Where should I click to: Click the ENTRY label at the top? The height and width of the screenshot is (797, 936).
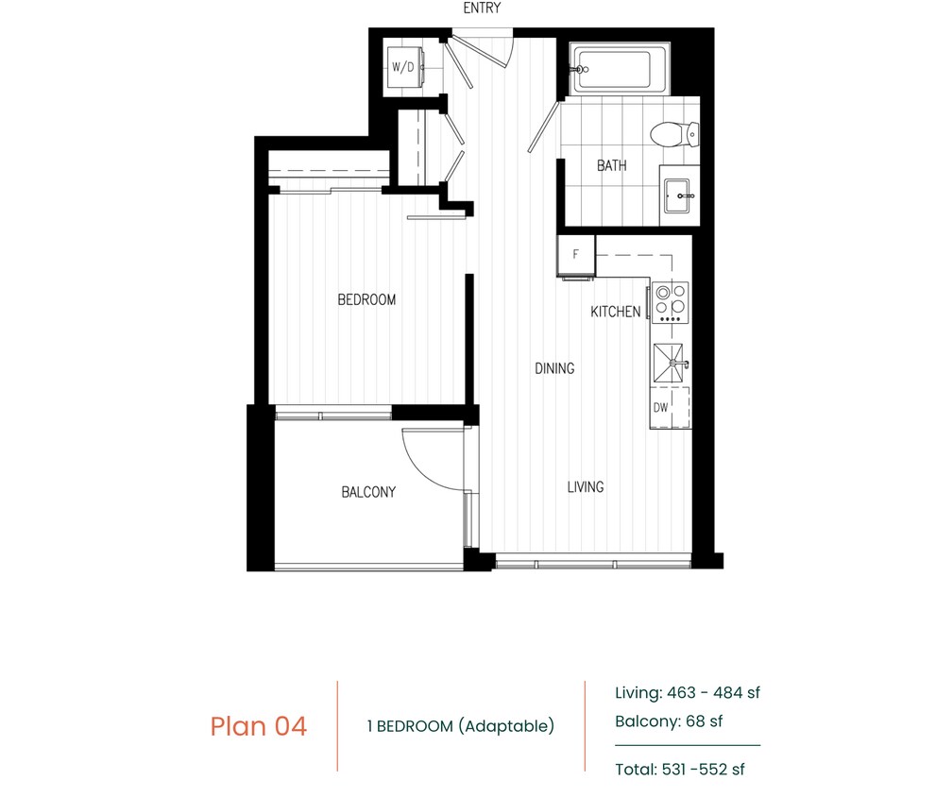click(482, 8)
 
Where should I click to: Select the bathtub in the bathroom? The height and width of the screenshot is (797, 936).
click(613, 70)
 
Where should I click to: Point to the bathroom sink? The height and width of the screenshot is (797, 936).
click(679, 196)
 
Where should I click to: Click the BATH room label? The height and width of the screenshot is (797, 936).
click(611, 166)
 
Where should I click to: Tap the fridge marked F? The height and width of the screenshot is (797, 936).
click(575, 254)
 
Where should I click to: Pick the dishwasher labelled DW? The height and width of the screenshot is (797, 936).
click(661, 408)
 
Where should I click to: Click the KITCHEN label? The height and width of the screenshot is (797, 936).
click(615, 312)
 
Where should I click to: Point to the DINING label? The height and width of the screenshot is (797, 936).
click(554, 368)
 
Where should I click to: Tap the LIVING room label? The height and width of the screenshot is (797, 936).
click(586, 487)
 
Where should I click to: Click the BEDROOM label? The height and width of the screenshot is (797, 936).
click(366, 300)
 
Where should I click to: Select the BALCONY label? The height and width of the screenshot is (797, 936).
click(368, 492)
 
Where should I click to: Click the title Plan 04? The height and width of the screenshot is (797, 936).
click(258, 726)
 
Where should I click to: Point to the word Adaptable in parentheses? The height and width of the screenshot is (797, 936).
click(505, 726)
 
